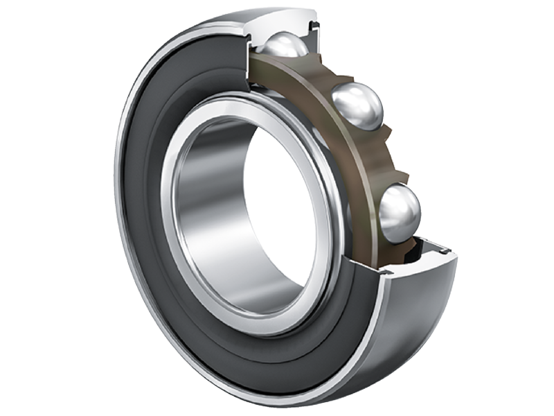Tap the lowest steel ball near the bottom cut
point(400,212)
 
